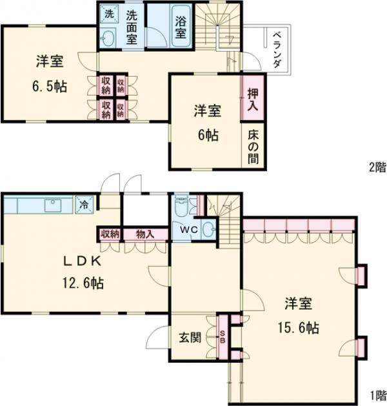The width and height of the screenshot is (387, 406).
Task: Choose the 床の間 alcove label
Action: [253, 147]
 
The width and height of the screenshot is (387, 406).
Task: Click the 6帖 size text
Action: [207, 136]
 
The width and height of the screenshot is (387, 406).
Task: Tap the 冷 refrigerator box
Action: [84, 205]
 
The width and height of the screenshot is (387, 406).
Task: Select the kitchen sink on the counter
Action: [52, 206]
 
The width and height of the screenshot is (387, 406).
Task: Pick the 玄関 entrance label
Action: [190, 337]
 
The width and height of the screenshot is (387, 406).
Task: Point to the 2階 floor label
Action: [377, 167]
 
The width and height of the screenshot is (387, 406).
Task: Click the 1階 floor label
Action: [377, 394]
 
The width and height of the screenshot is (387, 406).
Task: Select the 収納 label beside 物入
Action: [110, 234]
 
